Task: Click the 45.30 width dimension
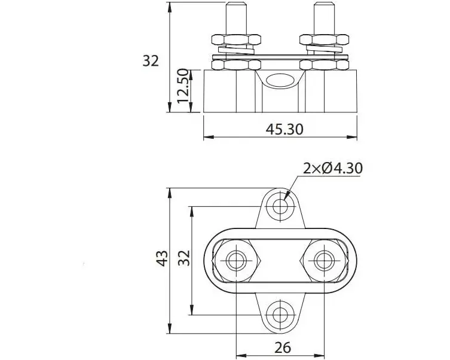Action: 284,130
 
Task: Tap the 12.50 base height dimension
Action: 183,86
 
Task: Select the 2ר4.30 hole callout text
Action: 333,169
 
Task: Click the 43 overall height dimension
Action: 162,259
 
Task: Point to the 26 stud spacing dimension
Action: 283,347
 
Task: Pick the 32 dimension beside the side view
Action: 151,61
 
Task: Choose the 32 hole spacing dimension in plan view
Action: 185,258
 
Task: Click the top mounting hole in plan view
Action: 280,206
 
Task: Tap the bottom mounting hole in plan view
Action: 280,315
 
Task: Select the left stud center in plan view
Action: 236,261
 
